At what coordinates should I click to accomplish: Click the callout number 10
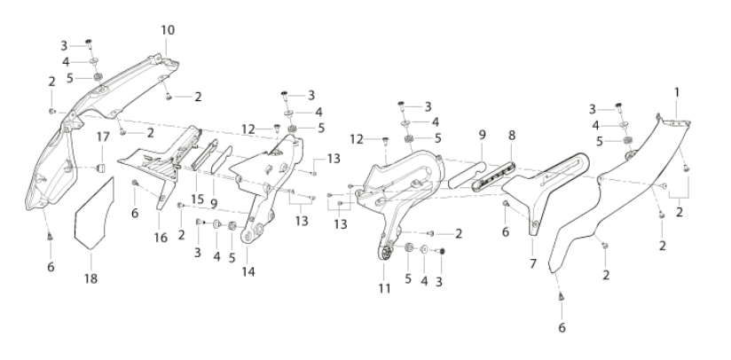tap(168, 30)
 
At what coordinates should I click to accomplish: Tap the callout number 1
tap(677, 92)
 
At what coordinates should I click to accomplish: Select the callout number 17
tap(103, 137)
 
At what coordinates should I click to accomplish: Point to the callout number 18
tap(90, 278)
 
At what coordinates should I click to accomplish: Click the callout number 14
tap(248, 271)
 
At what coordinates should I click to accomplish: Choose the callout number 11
tap(384, 289)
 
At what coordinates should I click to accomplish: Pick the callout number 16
tap(161, 238)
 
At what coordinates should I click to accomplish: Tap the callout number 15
tap(197, 200)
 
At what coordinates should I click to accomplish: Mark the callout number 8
tap(512, 136)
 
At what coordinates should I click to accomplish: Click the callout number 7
tap(533, 263)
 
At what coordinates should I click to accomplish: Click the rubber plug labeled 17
tap(101, 168)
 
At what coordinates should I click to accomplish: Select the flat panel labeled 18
tap(94, 214)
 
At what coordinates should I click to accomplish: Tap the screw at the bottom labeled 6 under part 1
tap(562, 296)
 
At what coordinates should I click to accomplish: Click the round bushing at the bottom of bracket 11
tap(386, 254)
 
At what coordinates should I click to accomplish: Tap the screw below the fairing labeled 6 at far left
tap(50, 237)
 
